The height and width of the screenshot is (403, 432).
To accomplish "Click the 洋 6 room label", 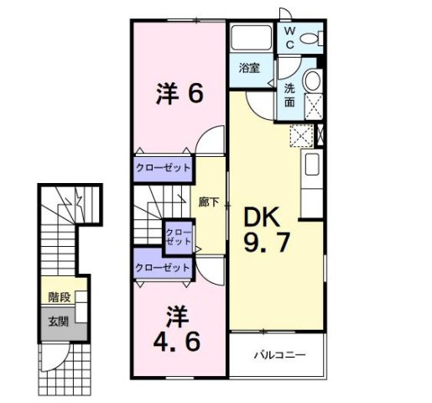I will coord(179,93).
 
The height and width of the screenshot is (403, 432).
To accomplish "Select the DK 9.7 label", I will coord(268,231).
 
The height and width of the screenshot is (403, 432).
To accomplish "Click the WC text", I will coord(289,37).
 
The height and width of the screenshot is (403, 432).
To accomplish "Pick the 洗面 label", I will coord(289,95).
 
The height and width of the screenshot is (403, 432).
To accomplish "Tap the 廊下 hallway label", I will coord(209,201).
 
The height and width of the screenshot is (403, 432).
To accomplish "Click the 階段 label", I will coord(59,296).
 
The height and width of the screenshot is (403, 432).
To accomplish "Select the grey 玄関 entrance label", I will coord(59,320).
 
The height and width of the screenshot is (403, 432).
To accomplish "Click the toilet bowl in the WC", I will coord(309,38).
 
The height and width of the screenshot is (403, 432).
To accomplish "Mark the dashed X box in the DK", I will coord(301,135).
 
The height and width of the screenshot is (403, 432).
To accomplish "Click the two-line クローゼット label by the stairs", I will coord(177,237).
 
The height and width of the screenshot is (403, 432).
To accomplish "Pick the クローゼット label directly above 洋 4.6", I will coord(163,268).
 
